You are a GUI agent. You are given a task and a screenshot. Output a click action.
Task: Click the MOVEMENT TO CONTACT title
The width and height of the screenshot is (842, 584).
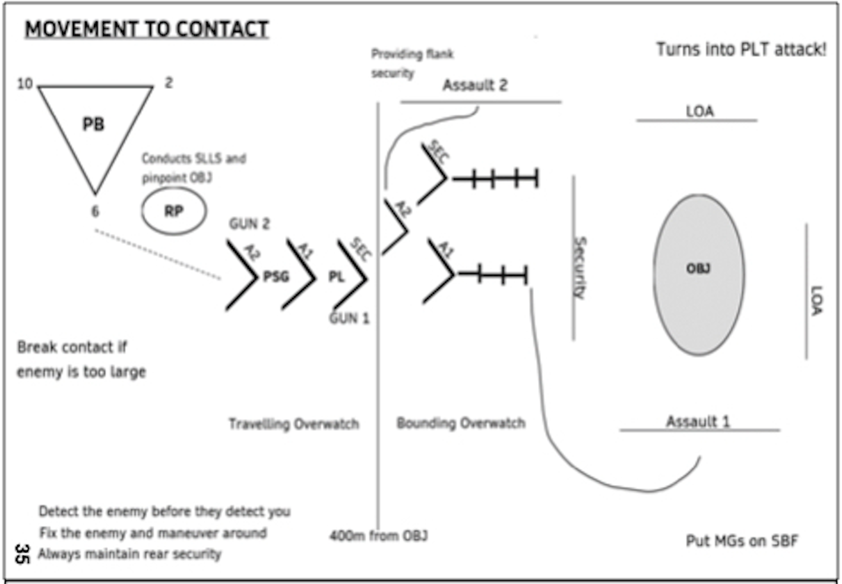[146, 29]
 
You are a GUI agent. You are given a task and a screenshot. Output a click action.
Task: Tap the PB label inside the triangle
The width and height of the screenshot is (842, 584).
[93, 124]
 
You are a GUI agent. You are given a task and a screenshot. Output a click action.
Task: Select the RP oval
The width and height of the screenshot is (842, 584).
[173, 211]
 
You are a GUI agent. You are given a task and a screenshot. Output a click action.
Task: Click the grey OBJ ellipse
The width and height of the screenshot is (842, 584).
[698, 274]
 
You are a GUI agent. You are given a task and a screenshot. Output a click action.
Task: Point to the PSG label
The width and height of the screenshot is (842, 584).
[276, 277]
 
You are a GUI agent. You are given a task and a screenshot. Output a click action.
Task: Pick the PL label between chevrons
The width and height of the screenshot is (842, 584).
[336, 277]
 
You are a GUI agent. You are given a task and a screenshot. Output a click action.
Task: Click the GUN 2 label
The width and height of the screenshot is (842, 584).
[249, 224]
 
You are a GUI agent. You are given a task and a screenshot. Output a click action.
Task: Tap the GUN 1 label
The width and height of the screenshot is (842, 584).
[349, 319]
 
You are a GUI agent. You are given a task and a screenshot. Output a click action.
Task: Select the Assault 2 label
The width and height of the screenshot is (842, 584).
[475, 85]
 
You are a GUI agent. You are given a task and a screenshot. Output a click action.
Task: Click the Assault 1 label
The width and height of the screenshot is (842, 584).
[698, 421]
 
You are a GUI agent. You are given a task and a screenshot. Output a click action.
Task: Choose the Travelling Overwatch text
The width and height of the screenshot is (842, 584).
[294, 424]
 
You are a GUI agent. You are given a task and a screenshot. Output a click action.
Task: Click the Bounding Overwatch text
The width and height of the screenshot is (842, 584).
[461, 423]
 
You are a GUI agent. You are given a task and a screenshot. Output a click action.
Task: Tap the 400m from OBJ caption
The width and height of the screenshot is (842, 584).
[378, 536]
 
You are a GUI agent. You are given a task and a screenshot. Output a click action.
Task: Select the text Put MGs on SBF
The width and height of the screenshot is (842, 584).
[742, 541]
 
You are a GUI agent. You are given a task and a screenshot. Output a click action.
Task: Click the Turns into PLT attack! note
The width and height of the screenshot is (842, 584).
[740, 49]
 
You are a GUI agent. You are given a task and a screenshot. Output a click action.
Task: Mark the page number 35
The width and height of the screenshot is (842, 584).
[21, 554]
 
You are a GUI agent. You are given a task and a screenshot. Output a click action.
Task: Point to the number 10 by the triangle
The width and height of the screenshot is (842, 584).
[25, 84]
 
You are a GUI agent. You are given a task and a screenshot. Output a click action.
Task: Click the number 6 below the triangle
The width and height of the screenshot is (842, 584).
[95, 211]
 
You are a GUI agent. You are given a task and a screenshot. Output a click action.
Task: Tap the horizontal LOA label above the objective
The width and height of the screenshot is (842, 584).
[699, 111]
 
